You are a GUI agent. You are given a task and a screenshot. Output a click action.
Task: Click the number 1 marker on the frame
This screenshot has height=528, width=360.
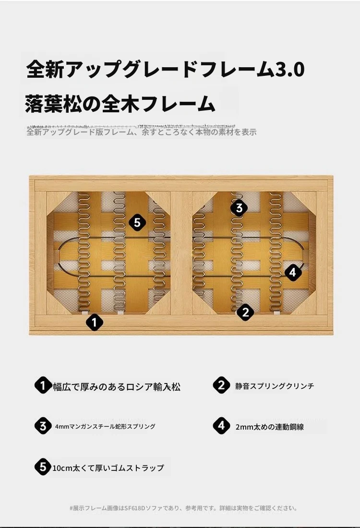pos(94,322)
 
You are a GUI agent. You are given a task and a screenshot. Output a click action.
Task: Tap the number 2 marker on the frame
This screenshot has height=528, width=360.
pos(245,312)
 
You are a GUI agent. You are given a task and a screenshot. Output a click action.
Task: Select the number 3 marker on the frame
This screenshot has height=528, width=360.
pos(239,207)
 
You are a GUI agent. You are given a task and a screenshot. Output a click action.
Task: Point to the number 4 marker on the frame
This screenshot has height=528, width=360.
pos(293,272)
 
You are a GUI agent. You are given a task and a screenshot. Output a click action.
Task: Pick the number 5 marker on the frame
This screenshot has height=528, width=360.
pos(137,222)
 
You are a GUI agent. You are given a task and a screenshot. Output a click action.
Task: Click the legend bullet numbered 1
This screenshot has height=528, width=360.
pos(43,385)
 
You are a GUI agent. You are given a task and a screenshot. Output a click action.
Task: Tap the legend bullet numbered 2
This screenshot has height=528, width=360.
pos(221,385)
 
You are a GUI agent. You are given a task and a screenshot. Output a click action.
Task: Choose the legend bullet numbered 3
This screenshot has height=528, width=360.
pos(43,426)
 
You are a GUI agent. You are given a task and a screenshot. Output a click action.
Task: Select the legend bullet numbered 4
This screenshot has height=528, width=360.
pos(221,426)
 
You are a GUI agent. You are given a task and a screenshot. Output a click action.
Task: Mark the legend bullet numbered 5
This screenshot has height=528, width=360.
pos(43,467)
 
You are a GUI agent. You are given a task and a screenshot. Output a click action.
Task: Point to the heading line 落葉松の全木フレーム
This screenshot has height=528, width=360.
pos(120,103)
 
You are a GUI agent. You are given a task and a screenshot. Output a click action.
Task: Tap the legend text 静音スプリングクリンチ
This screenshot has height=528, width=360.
pos(275,386)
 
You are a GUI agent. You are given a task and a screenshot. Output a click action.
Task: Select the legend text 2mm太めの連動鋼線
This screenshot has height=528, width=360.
pos(270,427)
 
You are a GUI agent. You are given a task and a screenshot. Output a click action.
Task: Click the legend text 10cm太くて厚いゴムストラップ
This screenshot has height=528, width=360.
pos(108,468)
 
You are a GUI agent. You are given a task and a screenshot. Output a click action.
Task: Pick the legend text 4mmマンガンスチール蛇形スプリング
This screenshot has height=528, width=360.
pos(105,426)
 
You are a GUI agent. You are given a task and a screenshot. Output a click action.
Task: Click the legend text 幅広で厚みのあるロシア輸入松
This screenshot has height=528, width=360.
pos(117,386)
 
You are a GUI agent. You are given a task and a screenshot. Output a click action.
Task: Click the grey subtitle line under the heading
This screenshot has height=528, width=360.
pos(142,132)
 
